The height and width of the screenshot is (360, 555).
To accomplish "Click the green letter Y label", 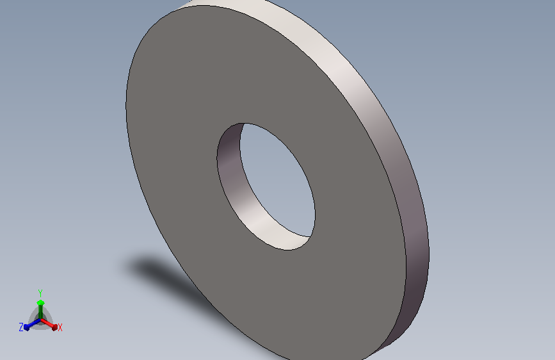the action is [40, 293].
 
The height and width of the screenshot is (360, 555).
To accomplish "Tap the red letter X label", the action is [60, 327].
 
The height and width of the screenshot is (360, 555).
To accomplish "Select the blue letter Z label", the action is [21, 327].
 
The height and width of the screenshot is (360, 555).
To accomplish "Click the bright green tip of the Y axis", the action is [40, 302].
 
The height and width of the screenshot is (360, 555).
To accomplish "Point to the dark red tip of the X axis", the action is [54, 327].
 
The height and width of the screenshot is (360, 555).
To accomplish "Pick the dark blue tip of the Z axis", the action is [26, 327].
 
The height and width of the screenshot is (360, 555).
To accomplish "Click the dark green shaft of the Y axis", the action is [40, 312].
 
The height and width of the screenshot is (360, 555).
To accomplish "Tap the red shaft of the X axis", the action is [47, 323].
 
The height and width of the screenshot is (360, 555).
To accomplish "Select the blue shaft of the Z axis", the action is [34, 323].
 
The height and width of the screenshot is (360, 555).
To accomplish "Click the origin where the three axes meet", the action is [40, 320].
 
